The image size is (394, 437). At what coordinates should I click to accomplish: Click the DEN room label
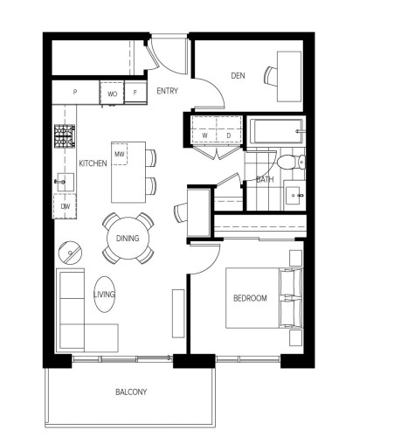238,76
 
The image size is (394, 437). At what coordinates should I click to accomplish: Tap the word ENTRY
168,91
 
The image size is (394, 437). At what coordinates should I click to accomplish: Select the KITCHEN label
93,163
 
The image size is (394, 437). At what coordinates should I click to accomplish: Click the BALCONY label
131,392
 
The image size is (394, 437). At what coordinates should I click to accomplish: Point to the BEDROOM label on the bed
250,298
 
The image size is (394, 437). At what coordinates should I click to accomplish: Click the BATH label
266,180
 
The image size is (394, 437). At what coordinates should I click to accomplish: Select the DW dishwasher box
66,206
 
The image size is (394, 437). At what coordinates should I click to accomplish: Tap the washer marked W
204,135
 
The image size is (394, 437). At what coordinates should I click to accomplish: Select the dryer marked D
227,135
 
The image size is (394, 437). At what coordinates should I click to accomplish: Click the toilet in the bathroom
288,162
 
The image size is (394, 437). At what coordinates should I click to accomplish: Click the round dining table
128,238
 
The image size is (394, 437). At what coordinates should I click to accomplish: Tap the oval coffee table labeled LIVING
104,295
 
